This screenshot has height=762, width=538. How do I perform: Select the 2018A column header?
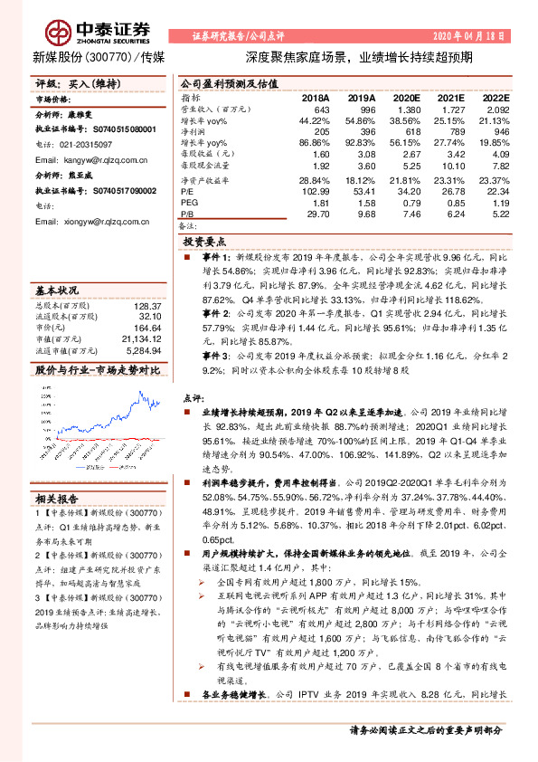click(316, 97)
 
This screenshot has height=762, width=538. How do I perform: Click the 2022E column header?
click(495, 97)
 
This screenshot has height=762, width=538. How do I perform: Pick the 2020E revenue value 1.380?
click(407, 109)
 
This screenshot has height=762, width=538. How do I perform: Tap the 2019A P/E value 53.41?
click(362, 191)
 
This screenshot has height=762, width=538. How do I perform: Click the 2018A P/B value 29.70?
click(316, 214)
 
